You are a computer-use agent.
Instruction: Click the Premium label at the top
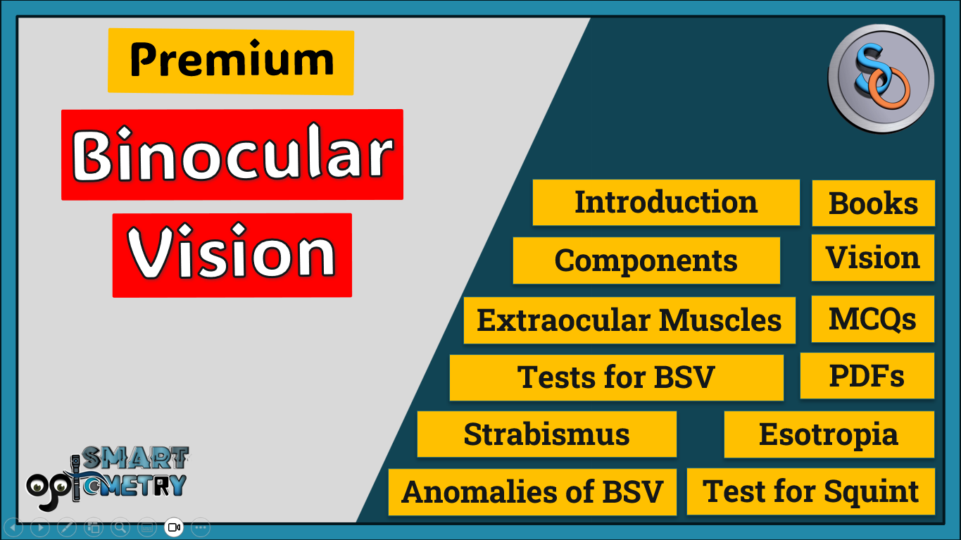coord(231,61)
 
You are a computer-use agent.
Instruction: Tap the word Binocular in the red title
coord(232,155)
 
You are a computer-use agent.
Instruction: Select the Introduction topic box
coord(666,203)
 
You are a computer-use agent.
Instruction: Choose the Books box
coord(873,203)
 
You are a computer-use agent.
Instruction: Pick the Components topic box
coord(646,260)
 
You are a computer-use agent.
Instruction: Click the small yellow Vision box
coord(873,258)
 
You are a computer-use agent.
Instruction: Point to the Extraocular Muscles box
coord(629,320)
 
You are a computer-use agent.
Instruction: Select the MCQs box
coord(873,319)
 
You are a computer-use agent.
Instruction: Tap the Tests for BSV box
coord(616,377)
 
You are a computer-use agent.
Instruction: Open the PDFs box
coord(867,376)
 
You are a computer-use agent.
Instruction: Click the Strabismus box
coord(546,434)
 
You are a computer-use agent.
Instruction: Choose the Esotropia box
coord(829,434)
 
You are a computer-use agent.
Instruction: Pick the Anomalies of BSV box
coord(532,491)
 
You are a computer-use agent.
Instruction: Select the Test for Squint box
coord(811,491)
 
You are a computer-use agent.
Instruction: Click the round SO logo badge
coord(881,77)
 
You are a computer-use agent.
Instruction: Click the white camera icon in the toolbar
coord(174,527)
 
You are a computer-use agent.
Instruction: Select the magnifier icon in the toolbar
coord(120,527)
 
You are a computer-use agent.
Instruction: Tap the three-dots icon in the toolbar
coord(201,527)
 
